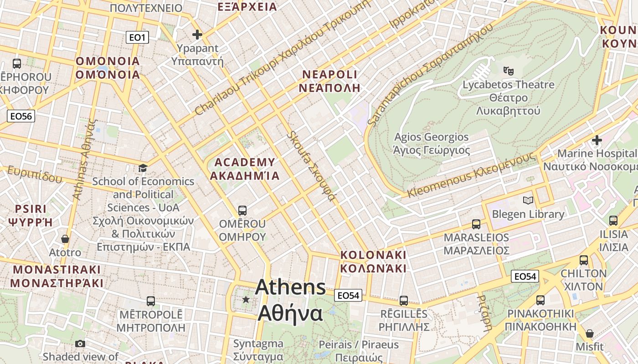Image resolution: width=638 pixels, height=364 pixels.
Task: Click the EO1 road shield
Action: [x=137, y=37]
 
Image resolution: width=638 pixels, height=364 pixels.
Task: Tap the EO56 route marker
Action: [x=21, y=116]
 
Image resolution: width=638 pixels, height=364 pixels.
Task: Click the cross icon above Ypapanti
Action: [x=197, y=35]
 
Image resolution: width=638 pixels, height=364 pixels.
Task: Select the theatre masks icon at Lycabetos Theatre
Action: [x=508, y=71]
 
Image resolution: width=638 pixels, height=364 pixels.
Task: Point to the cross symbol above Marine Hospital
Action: [x=597, y=140]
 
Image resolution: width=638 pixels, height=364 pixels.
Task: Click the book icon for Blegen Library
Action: [x=528, y=200]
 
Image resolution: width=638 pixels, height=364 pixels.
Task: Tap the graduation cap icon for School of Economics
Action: [x=143, y=168]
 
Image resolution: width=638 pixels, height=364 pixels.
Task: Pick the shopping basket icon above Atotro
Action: [x=65, y=239]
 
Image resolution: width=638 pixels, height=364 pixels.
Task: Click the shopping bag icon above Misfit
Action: [x=589, y=334]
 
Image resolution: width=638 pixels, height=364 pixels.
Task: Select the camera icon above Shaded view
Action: [x=80, y=344]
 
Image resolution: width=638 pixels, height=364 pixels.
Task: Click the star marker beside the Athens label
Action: [x=246, y=299]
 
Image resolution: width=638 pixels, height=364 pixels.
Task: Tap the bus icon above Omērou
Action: [x=242, y=211]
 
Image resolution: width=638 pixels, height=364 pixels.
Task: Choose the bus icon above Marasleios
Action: [x=476, y=224]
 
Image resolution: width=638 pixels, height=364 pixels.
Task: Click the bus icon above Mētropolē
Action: [x=151, y=301]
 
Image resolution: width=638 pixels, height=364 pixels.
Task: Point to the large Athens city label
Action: [x=290, y=300]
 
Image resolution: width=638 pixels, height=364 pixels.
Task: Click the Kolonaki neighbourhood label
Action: [x=373, y=261]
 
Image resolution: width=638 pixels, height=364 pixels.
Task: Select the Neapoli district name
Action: [x=329, y=81]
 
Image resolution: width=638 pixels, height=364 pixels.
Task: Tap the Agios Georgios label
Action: [x=431, y=143]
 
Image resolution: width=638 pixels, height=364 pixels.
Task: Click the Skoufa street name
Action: [x=311, y=166]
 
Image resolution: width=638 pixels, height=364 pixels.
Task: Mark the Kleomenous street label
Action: [x=471, y=175]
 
